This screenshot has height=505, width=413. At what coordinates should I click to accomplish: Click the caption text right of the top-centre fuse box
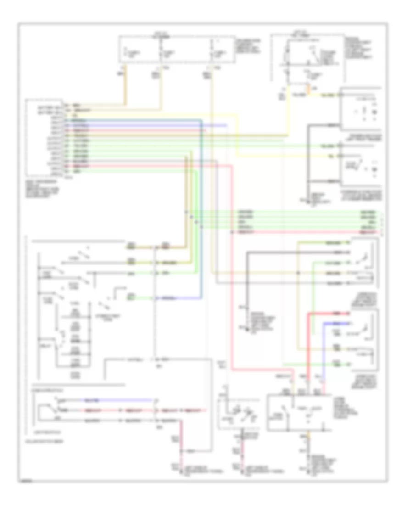(244, 45)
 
